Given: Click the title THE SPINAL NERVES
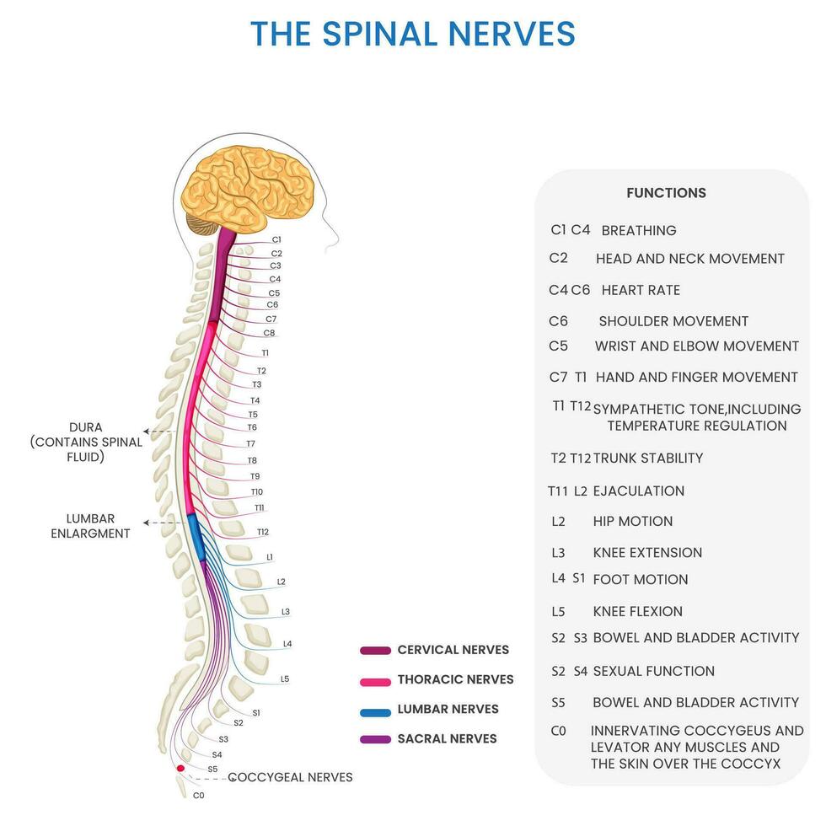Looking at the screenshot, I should point(413,34).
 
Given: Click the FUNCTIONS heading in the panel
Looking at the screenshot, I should point(666,193).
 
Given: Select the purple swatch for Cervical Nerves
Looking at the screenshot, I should point(375,651).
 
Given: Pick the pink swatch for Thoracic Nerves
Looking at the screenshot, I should point(375,680).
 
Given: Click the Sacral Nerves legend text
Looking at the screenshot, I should point(447,739).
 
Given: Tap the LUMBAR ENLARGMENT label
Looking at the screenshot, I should point(90,526).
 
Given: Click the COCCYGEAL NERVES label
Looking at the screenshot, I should point(290,777).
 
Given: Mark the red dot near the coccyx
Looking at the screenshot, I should point(180,769).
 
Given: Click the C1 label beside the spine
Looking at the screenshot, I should point(276,240).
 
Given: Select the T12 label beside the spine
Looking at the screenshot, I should point(263,532).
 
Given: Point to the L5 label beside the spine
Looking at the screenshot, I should point(285,678).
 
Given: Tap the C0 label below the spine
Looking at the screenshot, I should point(198,795).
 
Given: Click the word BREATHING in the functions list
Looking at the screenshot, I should point(639,230).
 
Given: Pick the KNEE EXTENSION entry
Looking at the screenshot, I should point(647,553).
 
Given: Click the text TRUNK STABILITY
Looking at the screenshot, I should point(647,459).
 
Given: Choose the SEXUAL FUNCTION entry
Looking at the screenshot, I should point(653,671).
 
